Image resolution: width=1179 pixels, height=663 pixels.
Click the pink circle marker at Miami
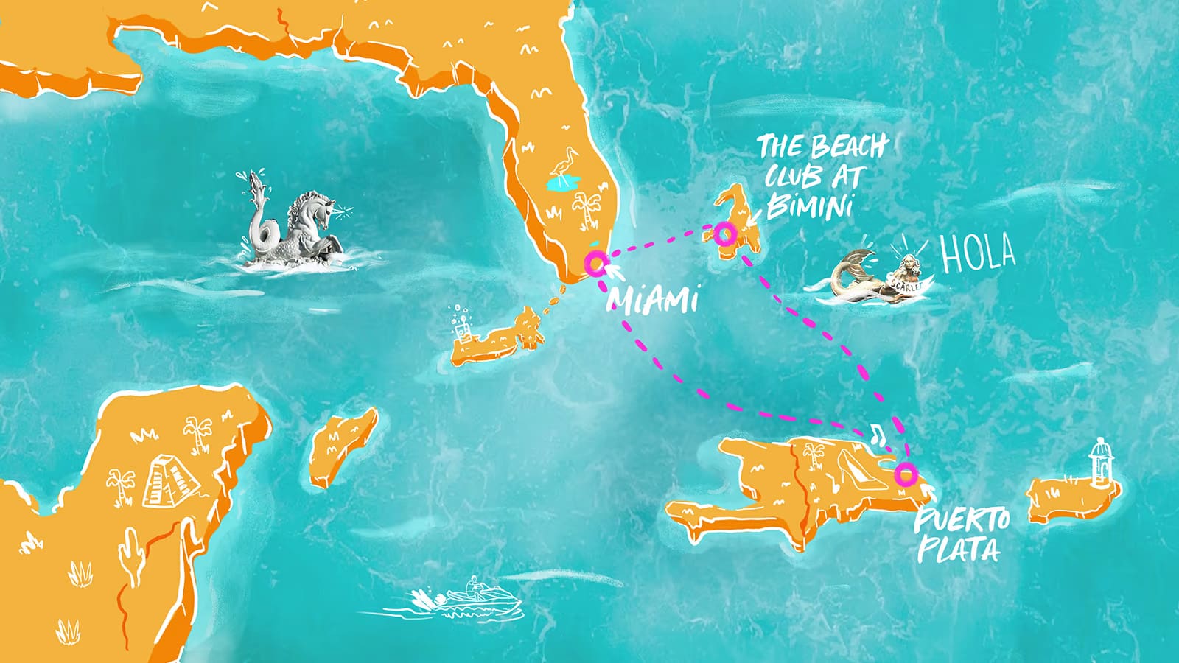click(x=594, y=262)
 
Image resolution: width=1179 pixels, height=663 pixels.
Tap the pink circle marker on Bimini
click(x=724, y=234)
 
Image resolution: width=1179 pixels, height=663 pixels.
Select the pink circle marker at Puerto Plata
click(x=905, y=474)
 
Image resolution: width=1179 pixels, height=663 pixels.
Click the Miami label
click(x=651, y=301)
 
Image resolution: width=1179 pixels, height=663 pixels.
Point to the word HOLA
click(x=978, y=253)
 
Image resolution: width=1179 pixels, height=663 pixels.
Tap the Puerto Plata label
click(x=960, y=535)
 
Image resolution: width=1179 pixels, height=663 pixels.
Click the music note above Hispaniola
click(x=875, y=434)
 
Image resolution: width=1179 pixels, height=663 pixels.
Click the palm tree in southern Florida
click(x=587, y=206)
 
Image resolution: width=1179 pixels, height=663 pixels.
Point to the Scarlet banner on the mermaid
click(x=906, y=284)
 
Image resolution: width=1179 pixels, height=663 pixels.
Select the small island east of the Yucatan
click(x=343, y=446)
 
